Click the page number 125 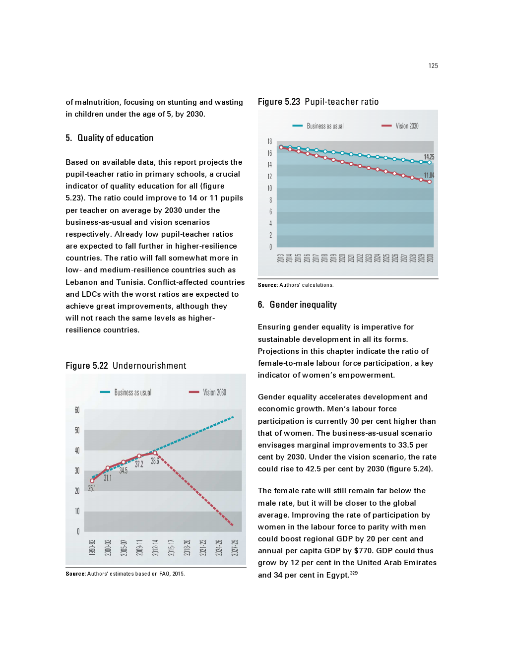[x=433, y=66]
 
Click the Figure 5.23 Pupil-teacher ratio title [x=318, y=102]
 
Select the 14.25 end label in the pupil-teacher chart [x=429, y=157]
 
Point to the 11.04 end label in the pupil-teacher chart [x=429, y=175]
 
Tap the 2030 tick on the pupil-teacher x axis [x=430, y=258]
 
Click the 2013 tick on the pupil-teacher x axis [x=280, y=258]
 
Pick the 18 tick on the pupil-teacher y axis [x=270, y=141]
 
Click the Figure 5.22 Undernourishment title [x=126, y=366]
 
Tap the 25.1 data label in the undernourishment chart [x=92, y=488]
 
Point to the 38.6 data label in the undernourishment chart [x=155, y=461]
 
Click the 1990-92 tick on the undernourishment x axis [x=92, y=547]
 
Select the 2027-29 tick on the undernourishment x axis [x=235, y=547]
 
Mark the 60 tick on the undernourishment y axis [x=77, y=410]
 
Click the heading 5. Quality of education [x=110, y=138]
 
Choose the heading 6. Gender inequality [x=297, y=305]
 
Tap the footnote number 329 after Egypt [x=354, y=573]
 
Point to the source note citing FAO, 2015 [x=125, y=574]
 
